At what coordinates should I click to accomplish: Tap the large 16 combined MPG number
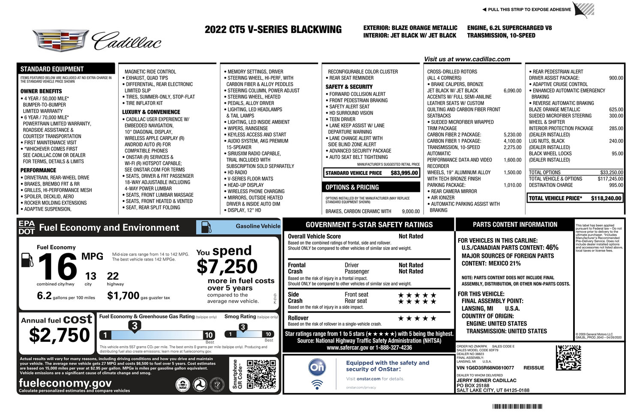[x=57, y=266]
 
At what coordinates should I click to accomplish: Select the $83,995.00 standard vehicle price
[x=404, y=173]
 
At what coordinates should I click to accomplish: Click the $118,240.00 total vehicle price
[x=606, y=198]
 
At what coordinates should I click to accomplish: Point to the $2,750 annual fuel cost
[x=59, y=335]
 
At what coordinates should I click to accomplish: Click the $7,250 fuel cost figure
[x=227, y=267]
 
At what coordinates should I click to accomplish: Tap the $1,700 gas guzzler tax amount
[x=123, y=296]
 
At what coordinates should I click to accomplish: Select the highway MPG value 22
[x=113, y=276]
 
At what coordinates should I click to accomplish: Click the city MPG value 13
[x=90, y=276]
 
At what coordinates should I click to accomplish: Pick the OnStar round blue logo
[x=317, y=367]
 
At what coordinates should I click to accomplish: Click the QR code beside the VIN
[x=568, y=358]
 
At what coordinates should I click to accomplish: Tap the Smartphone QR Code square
[x=261, y=374]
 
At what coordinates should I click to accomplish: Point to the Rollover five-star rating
[x=417, y=318]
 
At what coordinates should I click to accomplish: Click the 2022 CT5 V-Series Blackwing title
[x=273, y=30]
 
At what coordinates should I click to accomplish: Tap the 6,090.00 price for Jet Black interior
[x=512, y=91]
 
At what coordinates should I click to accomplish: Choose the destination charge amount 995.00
[x=616, y=185]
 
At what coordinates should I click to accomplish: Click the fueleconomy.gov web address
[x=65, y=383]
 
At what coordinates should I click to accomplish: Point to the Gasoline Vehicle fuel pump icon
[x=206, y=227]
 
